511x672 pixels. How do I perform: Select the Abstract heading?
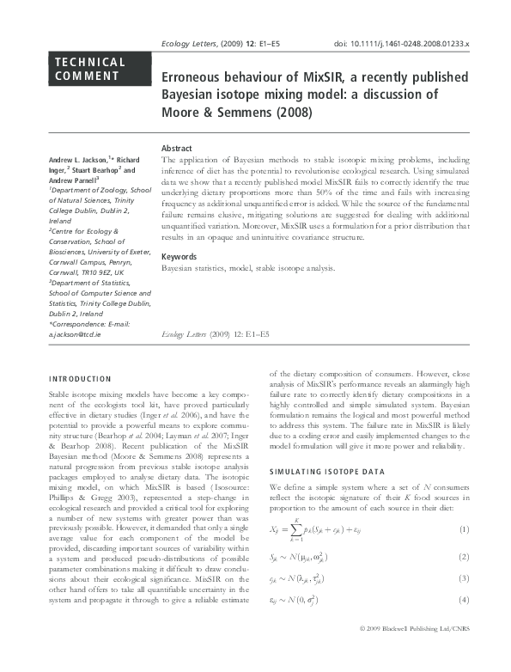point(177,149)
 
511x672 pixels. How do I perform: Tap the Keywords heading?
point(179,257)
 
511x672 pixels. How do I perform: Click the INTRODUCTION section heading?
point(80,378)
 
